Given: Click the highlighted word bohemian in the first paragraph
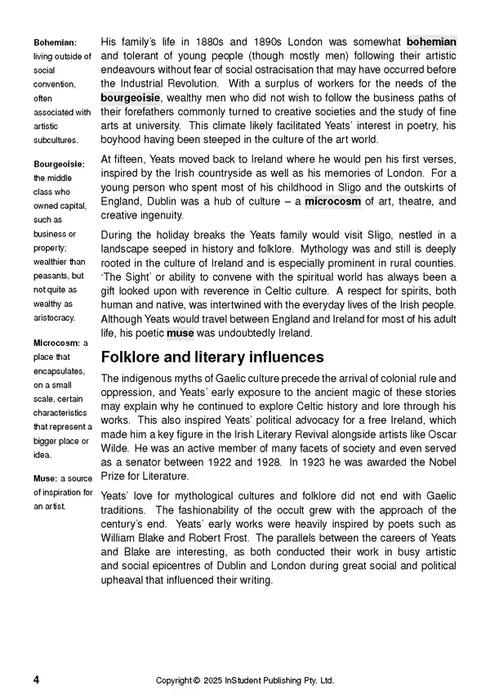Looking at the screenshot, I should click(x=431, y=42).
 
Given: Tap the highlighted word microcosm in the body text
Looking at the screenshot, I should click(x=333, y=201).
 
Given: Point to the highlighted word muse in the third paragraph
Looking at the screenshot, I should click(x=180, y=334).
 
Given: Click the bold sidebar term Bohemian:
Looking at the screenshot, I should click(x=56, y=42).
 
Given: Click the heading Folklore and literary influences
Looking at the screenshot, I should click(x=212, y=357).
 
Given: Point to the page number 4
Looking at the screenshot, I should click(x=36, y=680).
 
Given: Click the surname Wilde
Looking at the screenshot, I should click(x=117, y=448).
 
